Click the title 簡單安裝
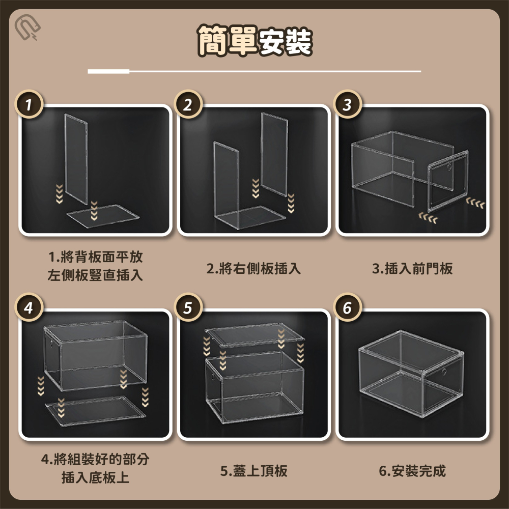254,41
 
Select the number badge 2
188,105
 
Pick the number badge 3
347,105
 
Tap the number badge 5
188,308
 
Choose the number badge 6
347,308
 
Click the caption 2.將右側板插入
253,268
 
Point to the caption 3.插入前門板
412,268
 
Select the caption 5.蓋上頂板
253,471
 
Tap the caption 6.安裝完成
412,471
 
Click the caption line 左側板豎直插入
95,276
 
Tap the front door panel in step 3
447,181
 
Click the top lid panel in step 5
254,337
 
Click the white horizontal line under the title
254,71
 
